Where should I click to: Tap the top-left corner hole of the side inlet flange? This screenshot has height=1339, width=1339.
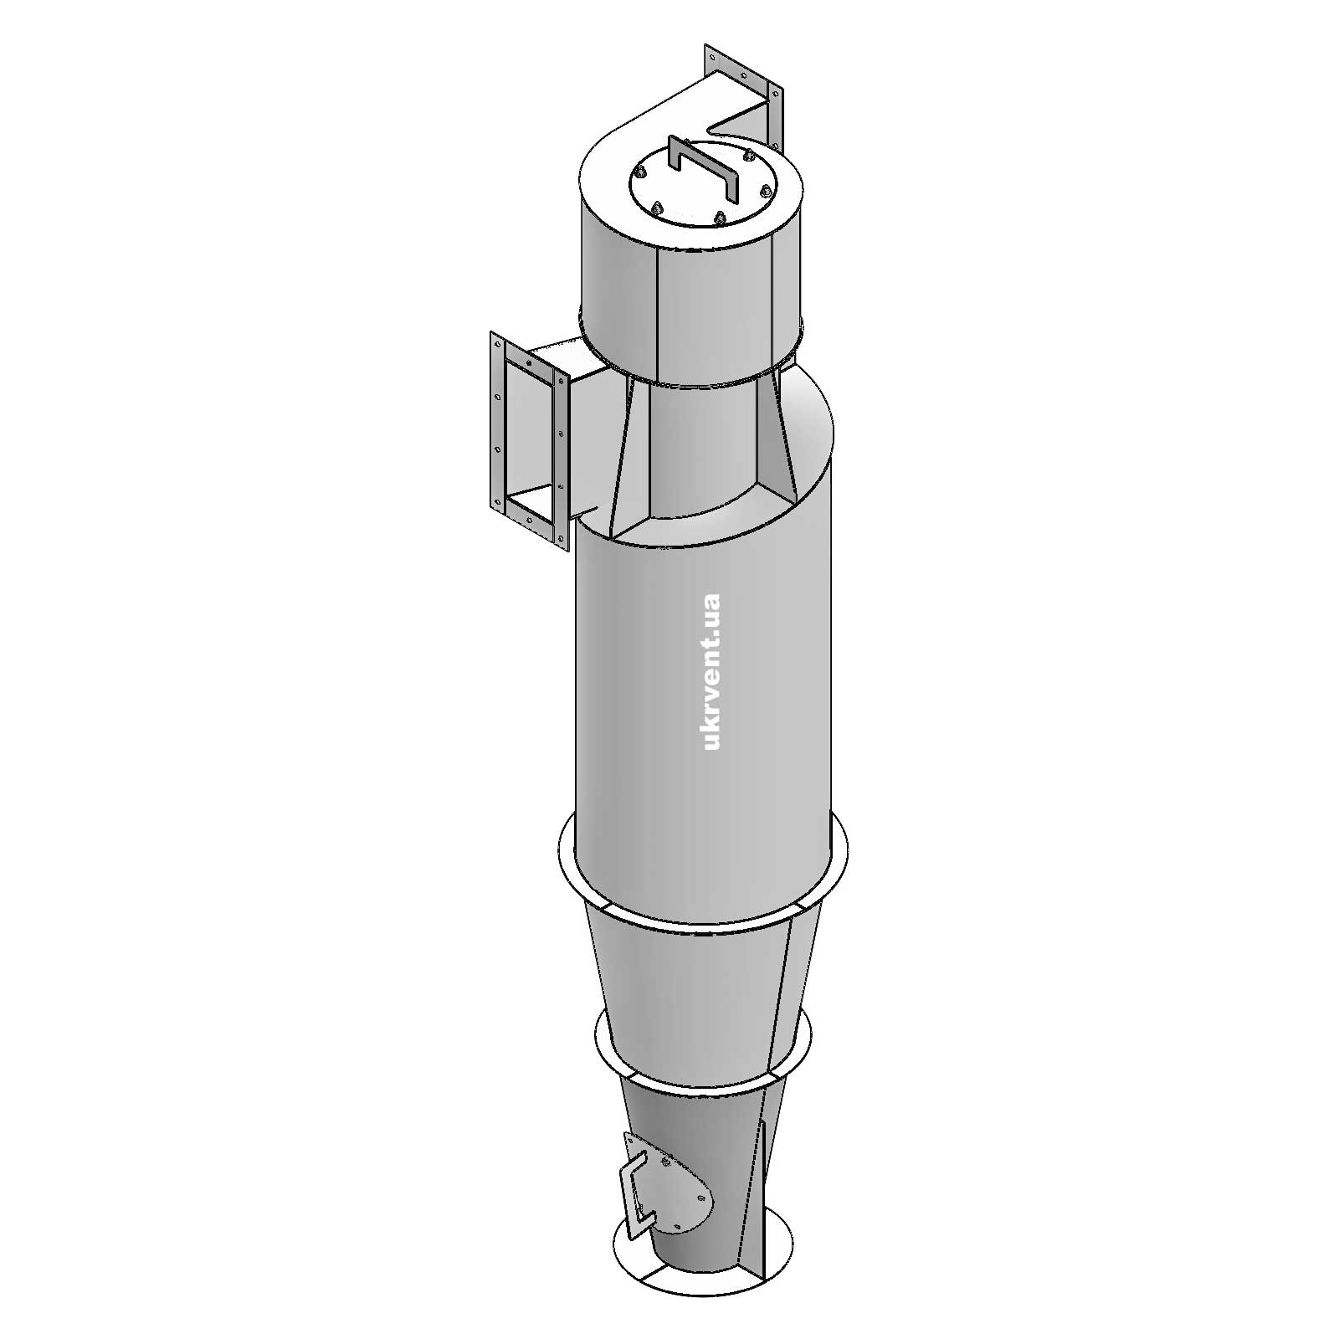[496, 345]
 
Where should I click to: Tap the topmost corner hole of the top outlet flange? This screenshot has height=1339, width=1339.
[711, 57]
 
